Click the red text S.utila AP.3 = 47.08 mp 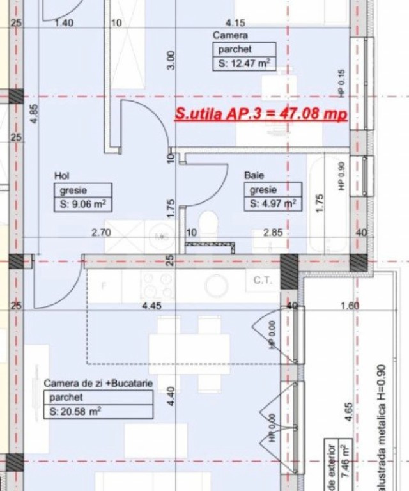coord(261,114)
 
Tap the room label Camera coord(230,35)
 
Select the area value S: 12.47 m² coord(244,63)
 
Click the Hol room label coord(62,175)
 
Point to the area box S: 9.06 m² coord(83,205)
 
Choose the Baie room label coord(254,175)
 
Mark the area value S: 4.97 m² coord(273,205)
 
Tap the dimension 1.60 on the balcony coord(350,306)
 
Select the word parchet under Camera coord(234,49)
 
